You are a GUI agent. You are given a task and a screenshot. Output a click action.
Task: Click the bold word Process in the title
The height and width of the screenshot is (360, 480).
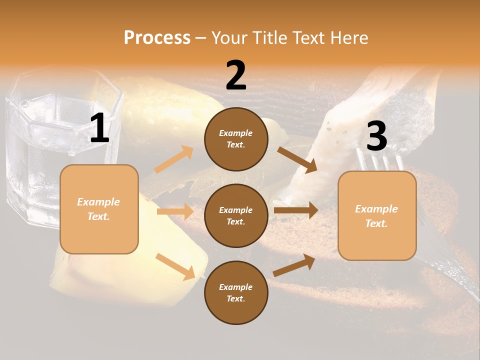[157, 38]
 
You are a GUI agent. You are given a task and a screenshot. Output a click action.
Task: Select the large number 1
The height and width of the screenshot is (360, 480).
[99, 128]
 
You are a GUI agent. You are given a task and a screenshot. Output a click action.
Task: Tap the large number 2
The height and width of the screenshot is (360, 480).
[236, 75]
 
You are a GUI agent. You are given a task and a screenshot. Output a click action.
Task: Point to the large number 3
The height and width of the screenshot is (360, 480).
[376, 136]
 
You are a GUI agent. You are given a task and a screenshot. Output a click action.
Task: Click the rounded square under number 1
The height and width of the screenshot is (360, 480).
[99, 209]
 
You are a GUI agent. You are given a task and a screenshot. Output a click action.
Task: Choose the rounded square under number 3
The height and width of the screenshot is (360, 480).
[377, 216]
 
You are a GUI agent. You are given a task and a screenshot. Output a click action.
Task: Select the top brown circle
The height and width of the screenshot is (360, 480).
[236, 139]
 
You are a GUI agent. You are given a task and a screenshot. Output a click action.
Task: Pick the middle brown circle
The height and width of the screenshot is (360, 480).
[236, 215]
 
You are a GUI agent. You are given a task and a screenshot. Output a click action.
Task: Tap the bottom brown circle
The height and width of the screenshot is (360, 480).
[236, 292]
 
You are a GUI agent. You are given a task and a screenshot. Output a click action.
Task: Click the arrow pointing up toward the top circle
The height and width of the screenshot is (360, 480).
[174, 159]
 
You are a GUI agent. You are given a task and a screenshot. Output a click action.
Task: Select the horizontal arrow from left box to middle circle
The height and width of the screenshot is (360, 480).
[175, 211]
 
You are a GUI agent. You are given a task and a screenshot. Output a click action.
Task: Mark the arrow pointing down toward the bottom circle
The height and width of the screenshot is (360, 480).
[175, 266]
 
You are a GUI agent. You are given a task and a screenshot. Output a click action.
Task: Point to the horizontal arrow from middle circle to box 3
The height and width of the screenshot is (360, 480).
[296, 210]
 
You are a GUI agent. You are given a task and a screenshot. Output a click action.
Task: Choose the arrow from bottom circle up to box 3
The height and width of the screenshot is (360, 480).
[294, 265]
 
